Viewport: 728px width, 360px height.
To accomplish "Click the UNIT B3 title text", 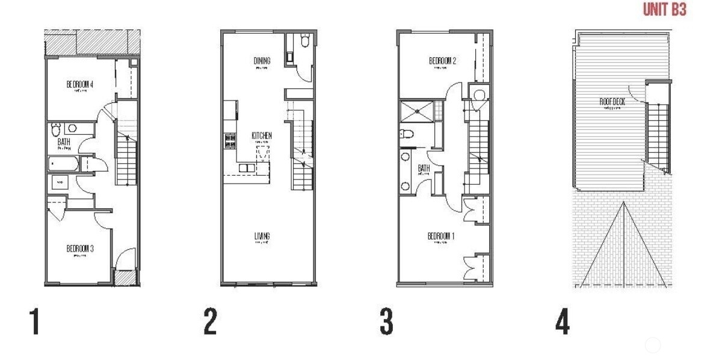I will (x=664, y=10).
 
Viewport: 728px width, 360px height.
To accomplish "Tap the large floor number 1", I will (x=35, y=322).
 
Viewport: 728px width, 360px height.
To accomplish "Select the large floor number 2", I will (x=210, y=322).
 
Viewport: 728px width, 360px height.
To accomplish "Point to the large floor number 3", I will (x=386, y=322).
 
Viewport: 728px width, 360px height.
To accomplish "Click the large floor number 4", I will (x=561, y=322).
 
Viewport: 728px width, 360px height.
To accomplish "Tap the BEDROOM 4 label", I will (x=79, y=84).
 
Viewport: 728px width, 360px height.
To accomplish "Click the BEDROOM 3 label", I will (x=79, y=248).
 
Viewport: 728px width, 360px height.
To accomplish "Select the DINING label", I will (x=262, y=61).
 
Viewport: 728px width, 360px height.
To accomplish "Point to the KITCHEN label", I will (x=262, y=136).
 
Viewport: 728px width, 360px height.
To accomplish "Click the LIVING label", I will (x=262, y=235).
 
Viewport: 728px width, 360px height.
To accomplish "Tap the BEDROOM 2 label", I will (x=442, y=61).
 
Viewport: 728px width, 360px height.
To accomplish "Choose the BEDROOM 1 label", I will (x=441, y=236).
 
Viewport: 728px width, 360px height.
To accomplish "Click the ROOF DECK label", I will (x=612, y=102).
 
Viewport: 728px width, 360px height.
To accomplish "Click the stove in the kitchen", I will (x=230, y=141).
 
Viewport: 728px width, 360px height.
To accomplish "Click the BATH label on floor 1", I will (x=64, y=143).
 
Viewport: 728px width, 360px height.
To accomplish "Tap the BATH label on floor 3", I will (x=424, y=169).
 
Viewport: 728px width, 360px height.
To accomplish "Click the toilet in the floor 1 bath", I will (x=56, y=129).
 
